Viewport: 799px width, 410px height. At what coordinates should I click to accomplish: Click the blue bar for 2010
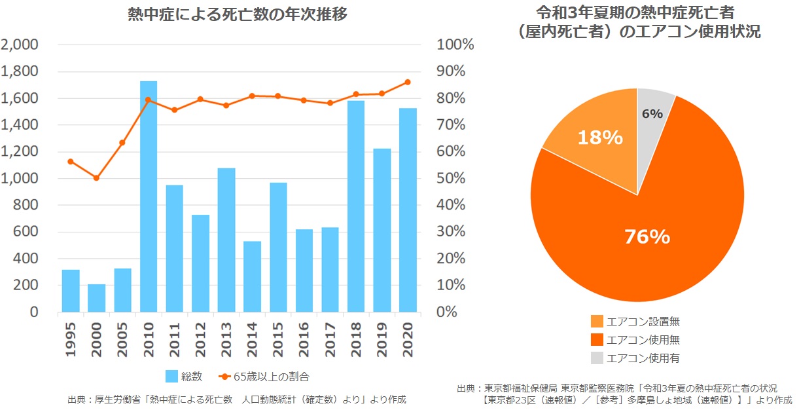(x=149, y=196)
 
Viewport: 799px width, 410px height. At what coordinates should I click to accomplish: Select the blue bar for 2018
(x=356, y=206)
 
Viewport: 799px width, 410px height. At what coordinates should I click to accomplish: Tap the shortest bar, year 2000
(x=97, y=298)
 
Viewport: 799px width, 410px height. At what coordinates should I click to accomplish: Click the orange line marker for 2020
(x=408, y=82)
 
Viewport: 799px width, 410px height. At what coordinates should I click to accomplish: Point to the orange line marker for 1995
(x=71, y=161)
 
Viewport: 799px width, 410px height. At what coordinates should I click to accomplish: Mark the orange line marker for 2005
(x=122, y=142)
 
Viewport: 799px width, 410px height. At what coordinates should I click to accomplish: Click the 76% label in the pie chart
(x=648, y=236)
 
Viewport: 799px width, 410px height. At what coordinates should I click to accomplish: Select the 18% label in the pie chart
(x=599, y=138)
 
